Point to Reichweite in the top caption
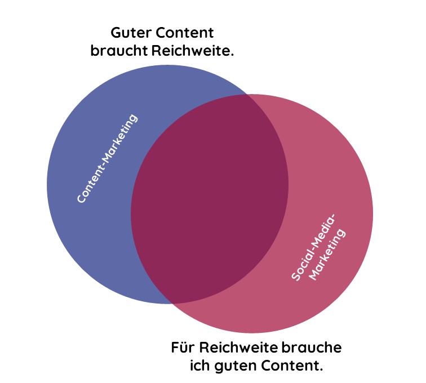[x=192, y=51]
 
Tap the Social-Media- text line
[x=313, y=248]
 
